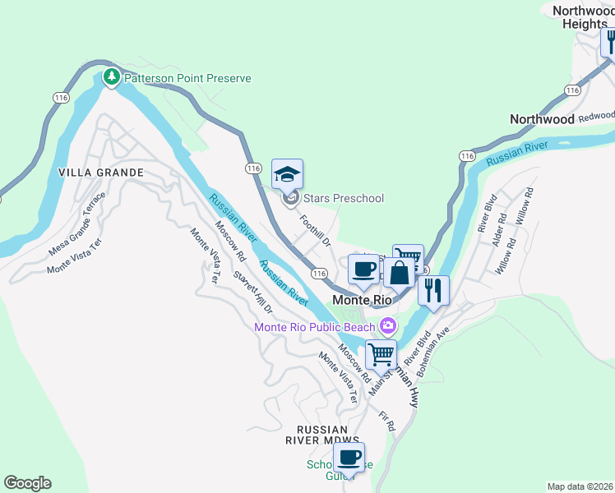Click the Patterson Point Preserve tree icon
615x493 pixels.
point(111,78)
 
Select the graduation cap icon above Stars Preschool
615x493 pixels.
point(287,175)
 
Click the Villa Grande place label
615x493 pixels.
point(101,173)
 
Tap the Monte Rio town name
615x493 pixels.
point(362,300)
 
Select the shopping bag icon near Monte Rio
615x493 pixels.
point(399,273)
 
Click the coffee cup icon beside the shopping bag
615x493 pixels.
point(363,269)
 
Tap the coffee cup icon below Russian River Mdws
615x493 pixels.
point(349,457)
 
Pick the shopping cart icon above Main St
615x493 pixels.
point(381,354)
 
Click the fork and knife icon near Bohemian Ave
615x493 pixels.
point(433,289)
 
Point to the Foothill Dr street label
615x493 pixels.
point(315,231)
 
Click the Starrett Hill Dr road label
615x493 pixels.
point(252,293)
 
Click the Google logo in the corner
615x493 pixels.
point(27,483)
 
